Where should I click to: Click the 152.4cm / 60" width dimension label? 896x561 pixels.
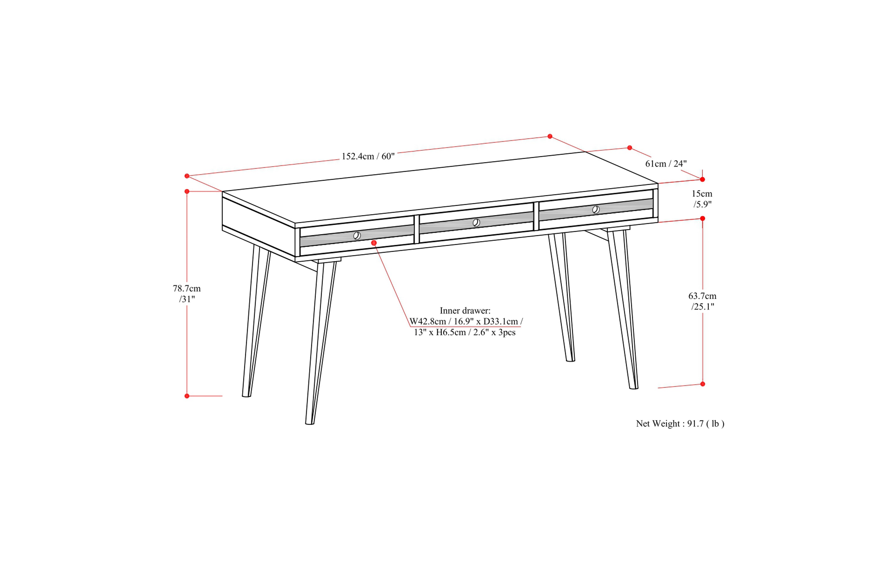(x=368, y=156)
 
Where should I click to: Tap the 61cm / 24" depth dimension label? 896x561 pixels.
(x=666, y=164)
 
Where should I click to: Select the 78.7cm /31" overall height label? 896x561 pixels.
(x=187, y=294)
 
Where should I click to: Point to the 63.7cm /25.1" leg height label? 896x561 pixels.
(x=702, y=301)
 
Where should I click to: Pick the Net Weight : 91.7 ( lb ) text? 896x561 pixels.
(x=680, y=424)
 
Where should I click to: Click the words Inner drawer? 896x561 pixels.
(x=465, y=311)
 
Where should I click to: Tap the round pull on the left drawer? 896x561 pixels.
(x=357, y=236)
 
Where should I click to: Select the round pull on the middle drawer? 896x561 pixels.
(x=476, y=223)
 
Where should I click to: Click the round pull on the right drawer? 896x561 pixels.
(x=596, y=210)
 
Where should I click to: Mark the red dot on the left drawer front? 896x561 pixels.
(x=374, y=243)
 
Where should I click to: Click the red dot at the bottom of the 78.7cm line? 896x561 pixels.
(x=187, y=396)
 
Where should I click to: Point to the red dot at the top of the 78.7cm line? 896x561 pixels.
(x=187, y=192)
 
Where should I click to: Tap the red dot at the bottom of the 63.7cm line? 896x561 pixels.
(x=703, y=384)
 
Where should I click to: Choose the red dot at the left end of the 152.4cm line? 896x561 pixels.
(x=187, y=176)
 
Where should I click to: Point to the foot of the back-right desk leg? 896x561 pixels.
(x=570, y=360)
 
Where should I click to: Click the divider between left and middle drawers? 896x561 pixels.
(x=416, y=229)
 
